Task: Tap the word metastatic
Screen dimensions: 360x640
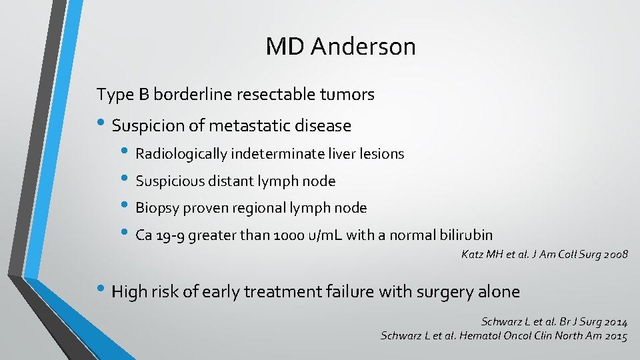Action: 250,125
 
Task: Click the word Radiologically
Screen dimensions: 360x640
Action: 181,154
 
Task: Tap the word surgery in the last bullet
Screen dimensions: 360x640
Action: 442,292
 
